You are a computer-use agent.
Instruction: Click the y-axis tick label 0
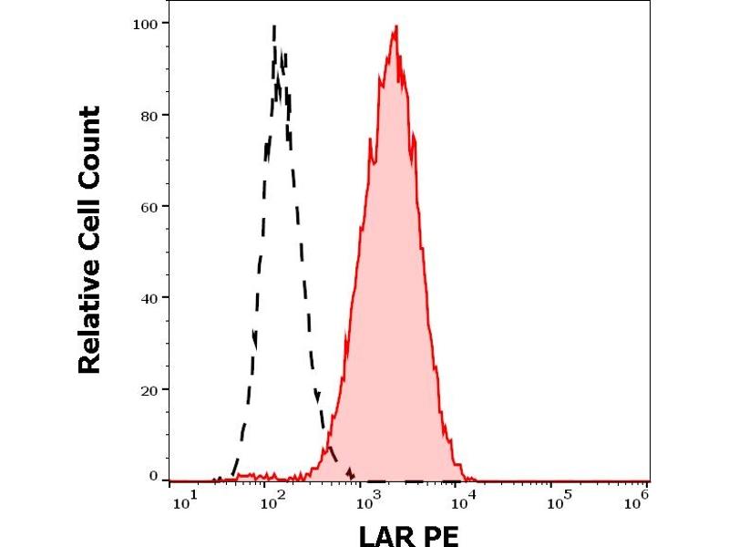point(154,475)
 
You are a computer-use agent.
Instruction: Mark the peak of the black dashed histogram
point(274,26)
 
